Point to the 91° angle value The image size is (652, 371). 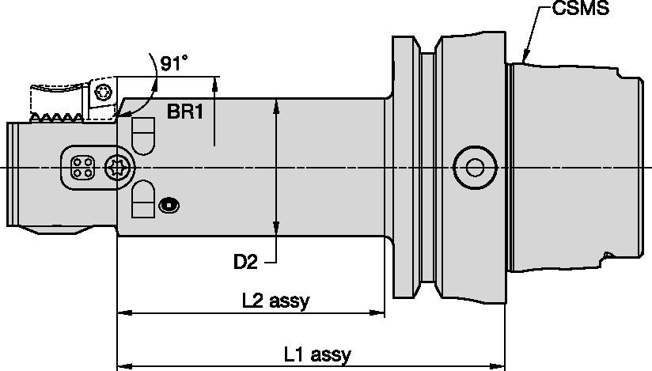(x=174, y=64)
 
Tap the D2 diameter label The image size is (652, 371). (x=245, y=260)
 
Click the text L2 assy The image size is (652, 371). (x=275, y=301)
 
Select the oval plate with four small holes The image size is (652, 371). (x=83, y=167)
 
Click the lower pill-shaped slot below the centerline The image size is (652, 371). (x=142, y=199)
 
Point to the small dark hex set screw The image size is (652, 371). (x=168, y=206)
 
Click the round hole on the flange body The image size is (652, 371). (x=472, y=167)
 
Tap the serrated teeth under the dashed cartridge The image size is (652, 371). (x=59, y=119)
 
